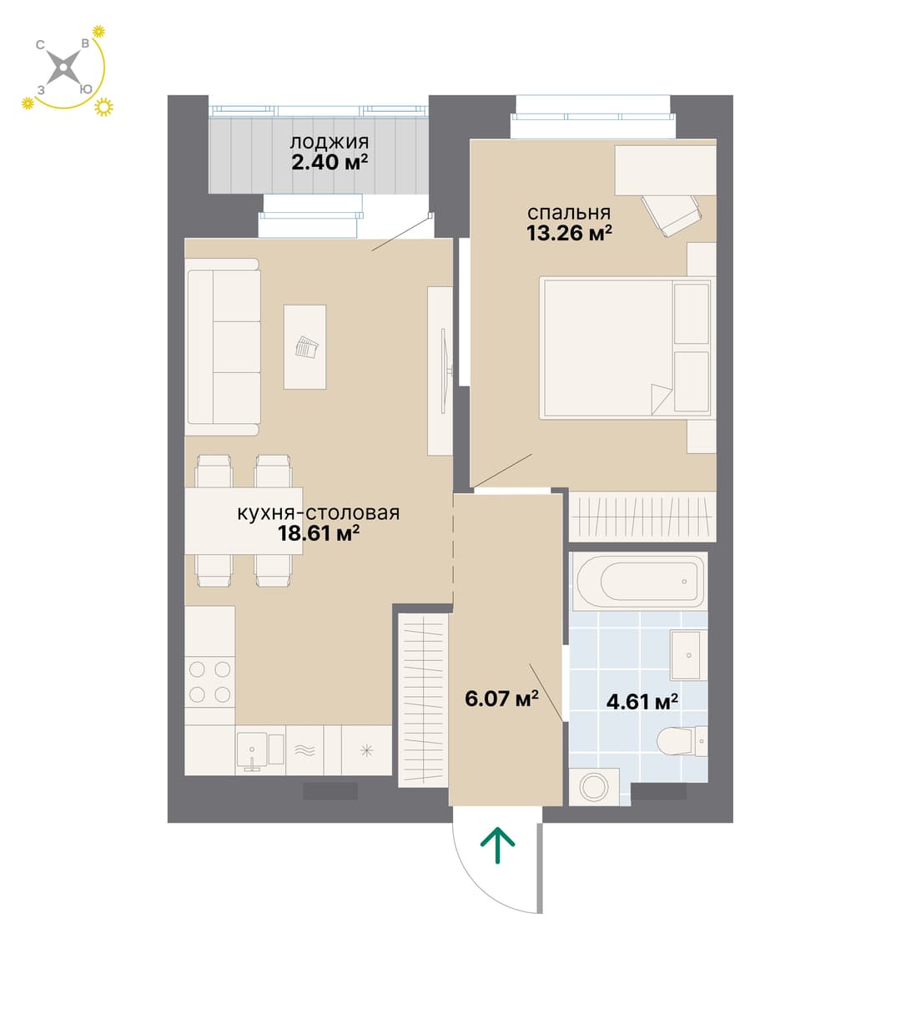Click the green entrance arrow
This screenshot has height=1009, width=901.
click(497, 845)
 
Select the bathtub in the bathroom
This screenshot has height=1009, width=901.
click(640, 581)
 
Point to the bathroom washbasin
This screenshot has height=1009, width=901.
click(688, 655)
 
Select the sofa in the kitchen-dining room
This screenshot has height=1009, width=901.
click(223, 347)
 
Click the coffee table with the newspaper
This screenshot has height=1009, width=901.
click(305, 347)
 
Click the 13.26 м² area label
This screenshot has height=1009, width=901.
click(569, 233)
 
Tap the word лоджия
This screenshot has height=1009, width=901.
click(330, 143)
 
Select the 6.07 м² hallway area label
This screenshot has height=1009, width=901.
click(501, 699)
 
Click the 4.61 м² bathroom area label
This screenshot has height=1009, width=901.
click(642, 701)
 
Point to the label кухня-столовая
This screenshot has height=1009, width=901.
click(318, 512)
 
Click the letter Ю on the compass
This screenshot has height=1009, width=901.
click(86, 89)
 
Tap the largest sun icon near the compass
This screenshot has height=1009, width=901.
click(103, 107)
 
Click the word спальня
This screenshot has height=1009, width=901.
click(569, 213)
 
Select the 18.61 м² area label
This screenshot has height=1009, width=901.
click(319, 533)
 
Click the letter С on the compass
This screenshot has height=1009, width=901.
click(40, 45)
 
